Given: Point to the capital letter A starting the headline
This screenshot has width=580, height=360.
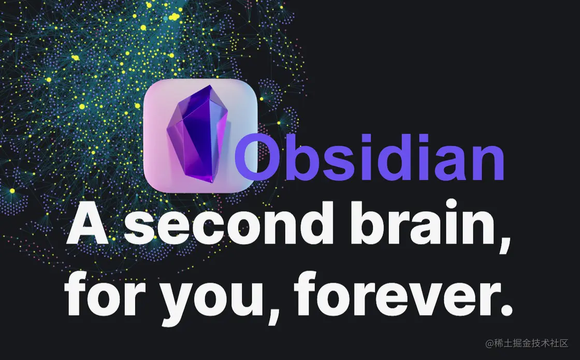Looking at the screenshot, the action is pyautogui.click(x=88, y=224).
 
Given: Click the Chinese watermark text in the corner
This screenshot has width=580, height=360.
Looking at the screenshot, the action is pyautogui.click(x=527, y=343).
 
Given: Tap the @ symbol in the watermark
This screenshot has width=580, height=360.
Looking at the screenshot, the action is pyautogui.click(x=489, y=344).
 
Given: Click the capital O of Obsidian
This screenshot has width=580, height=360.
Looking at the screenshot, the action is pyautogui.click(x=256, y=157).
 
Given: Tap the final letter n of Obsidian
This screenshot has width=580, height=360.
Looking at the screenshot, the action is pyautogui.click(x=488, y=163).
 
